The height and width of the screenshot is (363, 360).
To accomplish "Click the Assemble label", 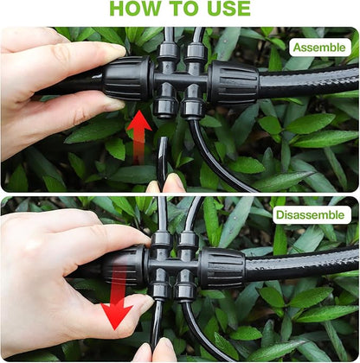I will click(319, 47).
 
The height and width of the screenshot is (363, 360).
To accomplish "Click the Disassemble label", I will click(311, 213).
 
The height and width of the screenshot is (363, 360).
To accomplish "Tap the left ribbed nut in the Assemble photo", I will click(127, 79).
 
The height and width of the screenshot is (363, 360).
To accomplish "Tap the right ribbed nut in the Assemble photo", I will click(233, 83).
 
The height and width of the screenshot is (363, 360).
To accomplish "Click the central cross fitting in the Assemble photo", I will click(179, 80).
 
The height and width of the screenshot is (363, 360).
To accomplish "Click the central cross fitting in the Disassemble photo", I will click(174, 264).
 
